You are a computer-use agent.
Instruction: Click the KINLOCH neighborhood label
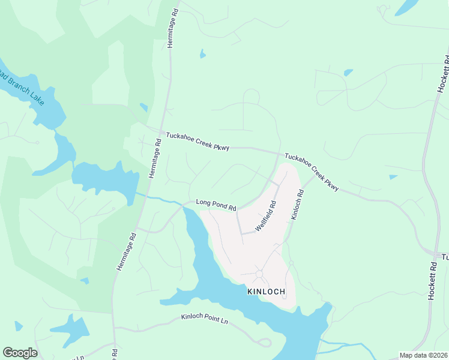click(265, 292)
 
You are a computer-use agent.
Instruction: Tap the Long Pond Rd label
click(216, 205)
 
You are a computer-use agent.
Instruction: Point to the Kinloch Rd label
click(297, 205)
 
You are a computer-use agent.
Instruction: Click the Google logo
click(20, 353)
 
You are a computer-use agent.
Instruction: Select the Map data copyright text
click(424, 355)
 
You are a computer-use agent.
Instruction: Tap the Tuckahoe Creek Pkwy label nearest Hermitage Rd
click(197, 141)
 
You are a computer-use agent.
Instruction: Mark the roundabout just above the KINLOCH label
click(260, 274)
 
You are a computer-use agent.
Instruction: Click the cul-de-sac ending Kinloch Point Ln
click(264, 343)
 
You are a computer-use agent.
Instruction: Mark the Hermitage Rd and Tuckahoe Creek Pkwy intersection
click(162, 133)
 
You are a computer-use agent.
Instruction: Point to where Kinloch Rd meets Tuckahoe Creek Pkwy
click(313, 176)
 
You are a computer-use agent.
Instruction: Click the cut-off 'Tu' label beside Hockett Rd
click(445, 257)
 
